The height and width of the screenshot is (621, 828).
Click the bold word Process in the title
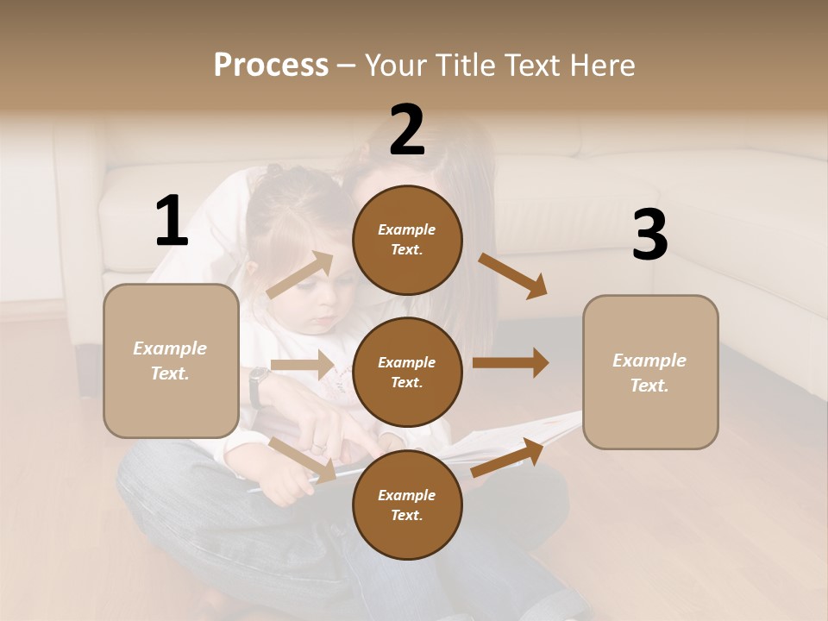click(x=271, y=66)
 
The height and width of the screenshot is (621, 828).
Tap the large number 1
click(x=172, y=221)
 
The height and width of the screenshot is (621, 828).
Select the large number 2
click(x=407, y=130)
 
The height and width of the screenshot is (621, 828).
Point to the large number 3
click(x=649, y=235)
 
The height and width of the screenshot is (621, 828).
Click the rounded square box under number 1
click(x=171, y=361)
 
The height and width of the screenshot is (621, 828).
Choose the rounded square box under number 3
click(x=650, y=372)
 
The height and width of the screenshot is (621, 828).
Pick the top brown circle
click(x=407, y=240)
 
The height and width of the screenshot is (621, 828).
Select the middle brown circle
click(x=407, y=372)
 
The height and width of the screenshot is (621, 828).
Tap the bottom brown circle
click(x=407, y=505)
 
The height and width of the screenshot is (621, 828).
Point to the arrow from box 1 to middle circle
click(x=302, y=365)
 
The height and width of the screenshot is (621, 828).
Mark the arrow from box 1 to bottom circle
click(x=302, y=459)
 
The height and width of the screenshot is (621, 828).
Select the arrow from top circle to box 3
click(x=512, y=275)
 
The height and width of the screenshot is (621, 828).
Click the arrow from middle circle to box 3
click(x=510, y=363)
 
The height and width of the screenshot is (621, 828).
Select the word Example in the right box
click(x=649, y=361)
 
